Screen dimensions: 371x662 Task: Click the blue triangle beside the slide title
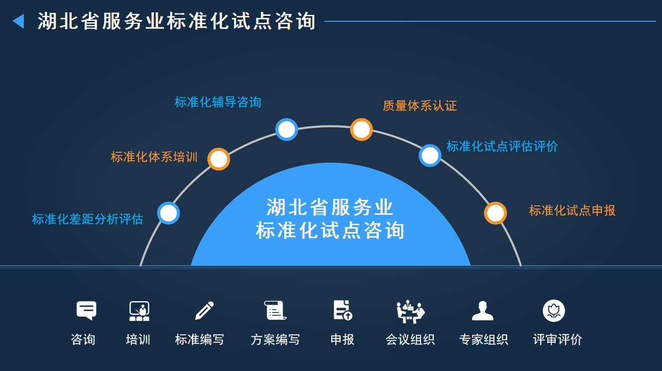tap(18, 21)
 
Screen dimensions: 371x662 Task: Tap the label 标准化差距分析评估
tap(87, 219)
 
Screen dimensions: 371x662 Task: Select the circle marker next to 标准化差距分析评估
tap(169, 213)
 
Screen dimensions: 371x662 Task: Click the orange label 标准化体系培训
tap(154, 157)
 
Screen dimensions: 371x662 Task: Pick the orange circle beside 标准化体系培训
tap(219, 159)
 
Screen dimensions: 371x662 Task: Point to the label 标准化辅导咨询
tap(218, 102)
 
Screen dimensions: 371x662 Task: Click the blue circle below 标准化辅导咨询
tap(287, 129)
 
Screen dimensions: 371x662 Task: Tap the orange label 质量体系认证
tap(420, 106)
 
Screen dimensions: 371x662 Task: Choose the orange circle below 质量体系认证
tap(361, 129)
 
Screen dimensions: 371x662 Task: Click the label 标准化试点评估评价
tap(502, 146)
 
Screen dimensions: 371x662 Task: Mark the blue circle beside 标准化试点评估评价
tap(430, 155)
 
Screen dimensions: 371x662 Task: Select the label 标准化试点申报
tap(572, 210)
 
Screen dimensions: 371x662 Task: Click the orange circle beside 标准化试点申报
tap(495, 213)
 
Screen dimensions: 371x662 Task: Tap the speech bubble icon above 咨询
tap(86, 310)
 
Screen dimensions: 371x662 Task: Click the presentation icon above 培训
tap(139, 311)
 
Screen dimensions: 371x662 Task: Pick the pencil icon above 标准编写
tap(204, 310)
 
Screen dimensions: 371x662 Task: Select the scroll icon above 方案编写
tap(275, 310)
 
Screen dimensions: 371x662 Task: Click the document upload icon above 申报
tap(342, 310)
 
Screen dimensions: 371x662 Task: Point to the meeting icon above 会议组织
tap(411, 311)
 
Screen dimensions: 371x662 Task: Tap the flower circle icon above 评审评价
tap(554, 311)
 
